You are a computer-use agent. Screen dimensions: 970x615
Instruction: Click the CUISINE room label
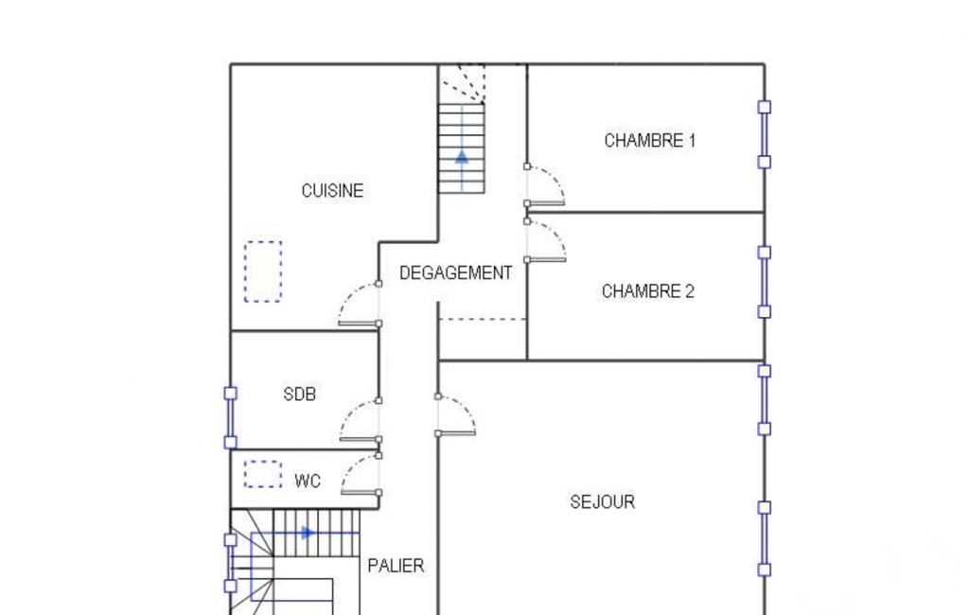click(332, 190)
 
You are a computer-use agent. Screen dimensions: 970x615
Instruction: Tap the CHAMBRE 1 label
click(649, 140)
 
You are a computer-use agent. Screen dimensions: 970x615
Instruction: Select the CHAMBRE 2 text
click(647, 290)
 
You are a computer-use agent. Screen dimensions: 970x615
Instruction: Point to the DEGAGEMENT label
click(455, 272)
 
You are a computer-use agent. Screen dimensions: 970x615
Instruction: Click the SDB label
click(299, 394)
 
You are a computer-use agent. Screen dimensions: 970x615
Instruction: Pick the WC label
click(308, 481)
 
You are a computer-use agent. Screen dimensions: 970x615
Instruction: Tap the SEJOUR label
click(603, 501)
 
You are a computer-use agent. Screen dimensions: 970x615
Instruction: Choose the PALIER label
click(396, 566)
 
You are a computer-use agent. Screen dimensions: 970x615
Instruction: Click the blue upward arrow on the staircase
click(462, 156)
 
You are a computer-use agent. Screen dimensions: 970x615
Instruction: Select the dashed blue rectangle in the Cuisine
click(263, 272)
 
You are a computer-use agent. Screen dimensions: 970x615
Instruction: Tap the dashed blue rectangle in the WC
click(263, 474)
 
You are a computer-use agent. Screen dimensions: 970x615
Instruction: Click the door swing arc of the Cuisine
click(348, 294)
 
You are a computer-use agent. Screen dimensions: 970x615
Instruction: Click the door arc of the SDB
click(350, 412)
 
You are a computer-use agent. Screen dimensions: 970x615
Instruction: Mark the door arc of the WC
click(351, 466)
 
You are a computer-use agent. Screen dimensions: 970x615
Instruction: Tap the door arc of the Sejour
click(466, 407)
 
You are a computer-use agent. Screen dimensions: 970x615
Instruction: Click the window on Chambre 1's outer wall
click(765, 134)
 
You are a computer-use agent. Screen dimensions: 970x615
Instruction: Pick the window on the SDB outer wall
click(230, 417)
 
